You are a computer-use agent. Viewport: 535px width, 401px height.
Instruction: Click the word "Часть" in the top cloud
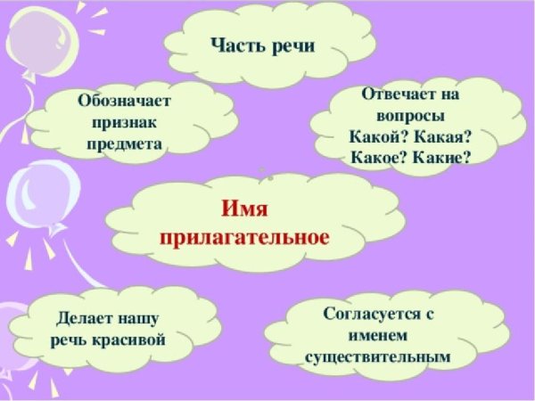(237, 44)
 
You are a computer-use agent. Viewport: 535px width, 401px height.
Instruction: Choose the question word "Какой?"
(376, 137)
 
